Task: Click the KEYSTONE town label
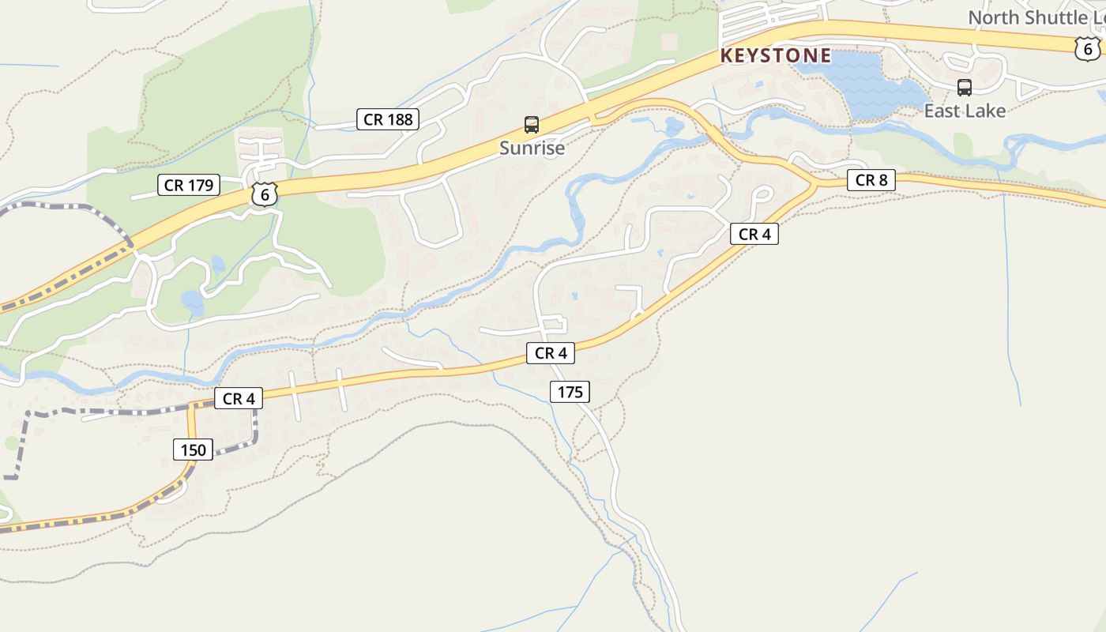click(x=775, y=55)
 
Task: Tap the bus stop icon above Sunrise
click(x=532, y=125)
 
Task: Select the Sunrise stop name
click(x=532, y=148)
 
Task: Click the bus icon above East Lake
click(x=964, y=88)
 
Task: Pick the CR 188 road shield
click(x=387, y=119)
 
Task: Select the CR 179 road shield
click(x=188, y=186)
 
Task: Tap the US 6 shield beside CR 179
click(x=265, y=194)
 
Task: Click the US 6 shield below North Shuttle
click(x=1087, y=50)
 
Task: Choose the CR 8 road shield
click(x=871, y=180)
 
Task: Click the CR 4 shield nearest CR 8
click(x=754, y=234)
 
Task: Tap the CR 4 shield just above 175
click(x=551, y=353)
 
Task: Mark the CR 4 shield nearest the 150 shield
click(x=238, y=399)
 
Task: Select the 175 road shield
click(x=570, y=391)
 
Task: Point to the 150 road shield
click(x=193, y=450)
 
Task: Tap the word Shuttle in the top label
click(x=1055, y=17)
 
